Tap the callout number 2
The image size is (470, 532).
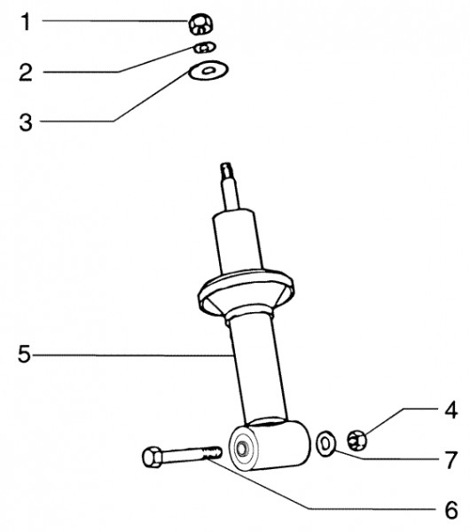click(27, 71)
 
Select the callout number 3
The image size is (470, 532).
click(27, 121)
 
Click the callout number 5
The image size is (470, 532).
click(26, 356)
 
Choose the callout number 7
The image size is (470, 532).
click(450, 459)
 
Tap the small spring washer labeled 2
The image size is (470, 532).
click(204, 47)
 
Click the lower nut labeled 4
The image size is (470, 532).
click(358, 437)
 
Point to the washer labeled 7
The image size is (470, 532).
click(326, 441)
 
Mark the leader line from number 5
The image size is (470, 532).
click(133, 356)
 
